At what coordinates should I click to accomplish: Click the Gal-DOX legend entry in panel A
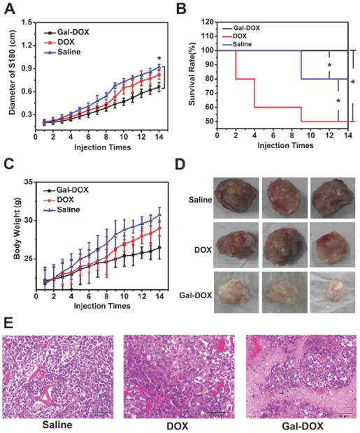point(71,32)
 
